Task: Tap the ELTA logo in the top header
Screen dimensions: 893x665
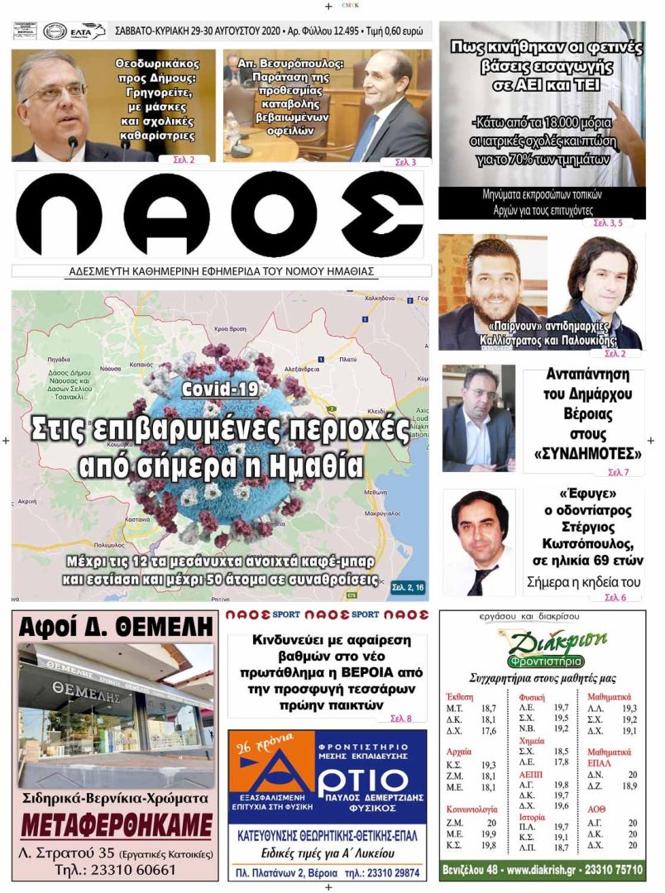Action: tap(88, 31)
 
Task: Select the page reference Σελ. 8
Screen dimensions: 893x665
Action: tap(400, 718)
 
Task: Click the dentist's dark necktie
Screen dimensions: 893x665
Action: tap(480, 580)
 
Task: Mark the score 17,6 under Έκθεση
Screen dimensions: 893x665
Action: tap(489, 731)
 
